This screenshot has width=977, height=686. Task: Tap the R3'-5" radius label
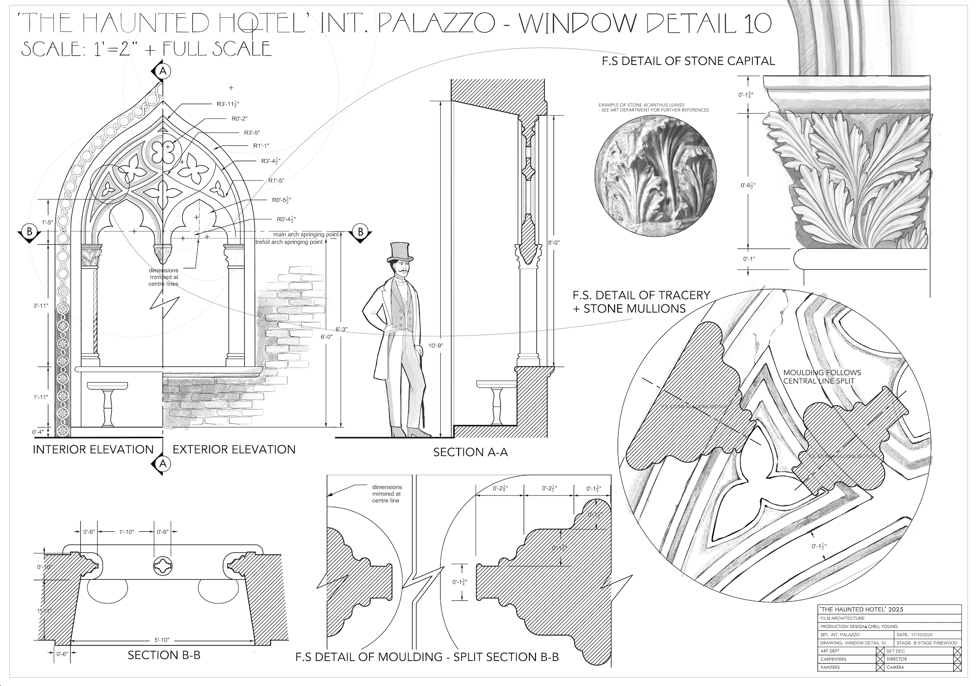click(252, 133)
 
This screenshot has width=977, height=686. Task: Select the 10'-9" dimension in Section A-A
click(435, 346)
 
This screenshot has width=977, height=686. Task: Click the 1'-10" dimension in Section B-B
click(127, 532)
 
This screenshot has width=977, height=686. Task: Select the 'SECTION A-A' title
click(470, 452)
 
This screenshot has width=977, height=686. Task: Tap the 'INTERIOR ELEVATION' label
click(93, 450)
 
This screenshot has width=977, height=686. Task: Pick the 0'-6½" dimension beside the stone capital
click(748, 185)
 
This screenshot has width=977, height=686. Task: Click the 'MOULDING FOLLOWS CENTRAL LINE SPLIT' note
click(822, 376)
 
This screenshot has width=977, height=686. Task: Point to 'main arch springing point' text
click(306, 235)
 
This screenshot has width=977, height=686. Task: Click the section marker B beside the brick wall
click(361, 232)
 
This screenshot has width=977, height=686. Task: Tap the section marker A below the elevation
click(163, 463)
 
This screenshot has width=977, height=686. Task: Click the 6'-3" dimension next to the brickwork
click(341, 329)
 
